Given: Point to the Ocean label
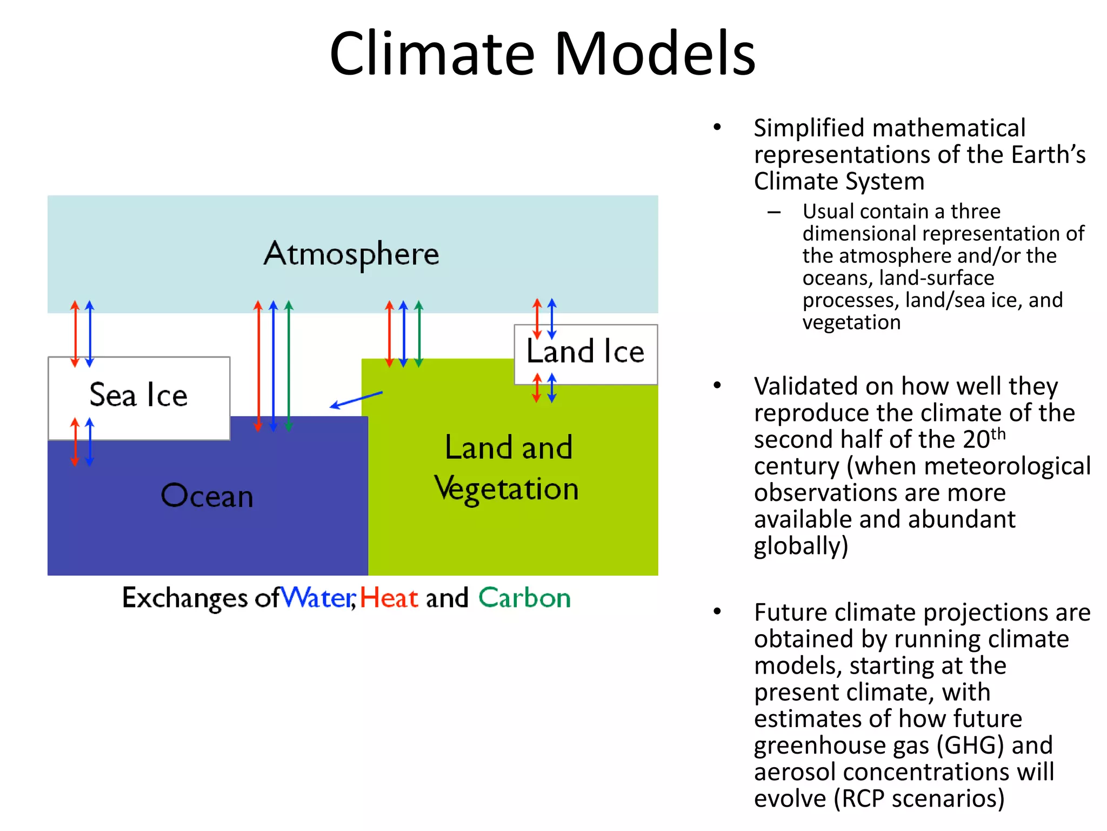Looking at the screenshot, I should click(x=207, y=496).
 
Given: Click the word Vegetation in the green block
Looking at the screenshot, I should click(x=506, y=489).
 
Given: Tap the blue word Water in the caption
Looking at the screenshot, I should click(x=318, y=598).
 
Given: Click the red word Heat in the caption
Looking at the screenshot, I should click(x=389, y=598).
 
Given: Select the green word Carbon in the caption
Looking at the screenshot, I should click(x=524, y=598).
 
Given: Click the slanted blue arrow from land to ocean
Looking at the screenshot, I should click(x=356, y=400).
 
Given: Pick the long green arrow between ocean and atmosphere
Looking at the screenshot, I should click(x=289, y=366).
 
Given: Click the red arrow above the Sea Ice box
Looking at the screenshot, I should click(x=75, y=334).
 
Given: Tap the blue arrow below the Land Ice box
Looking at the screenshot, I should click(x=552, y=388).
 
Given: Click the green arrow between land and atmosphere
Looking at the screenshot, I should click(x=418, y=334).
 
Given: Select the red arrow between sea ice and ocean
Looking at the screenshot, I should click(x=75, y=441).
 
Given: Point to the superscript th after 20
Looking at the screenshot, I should click(x=998, y=434).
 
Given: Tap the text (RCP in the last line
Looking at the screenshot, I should click(x=860, y=798).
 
